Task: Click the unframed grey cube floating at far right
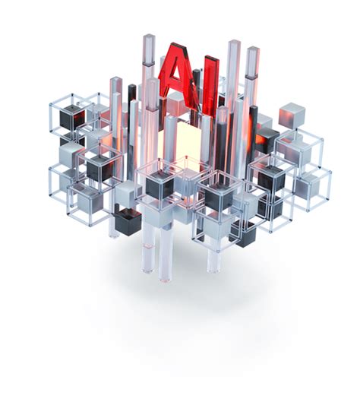coord(292,115)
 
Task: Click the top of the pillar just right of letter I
coord(233,44)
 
